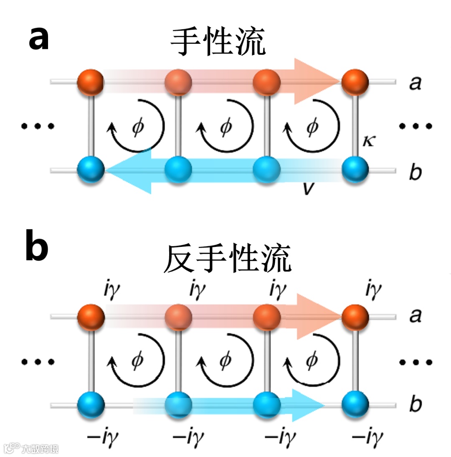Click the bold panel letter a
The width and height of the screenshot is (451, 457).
click(x=39, y=38)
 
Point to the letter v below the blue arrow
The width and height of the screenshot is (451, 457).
click(x=309, y=189)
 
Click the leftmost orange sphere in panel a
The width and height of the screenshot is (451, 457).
click(x=91, y=82)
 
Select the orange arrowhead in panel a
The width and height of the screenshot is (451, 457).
click(x=315, y=81)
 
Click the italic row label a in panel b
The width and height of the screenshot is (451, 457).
click(x=415, y=316)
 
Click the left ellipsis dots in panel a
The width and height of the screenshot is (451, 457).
click(x=38, y=126)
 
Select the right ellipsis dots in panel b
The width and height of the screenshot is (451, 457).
click(x=416, y=362)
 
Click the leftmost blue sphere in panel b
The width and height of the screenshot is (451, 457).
click(x=91, y=404)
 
